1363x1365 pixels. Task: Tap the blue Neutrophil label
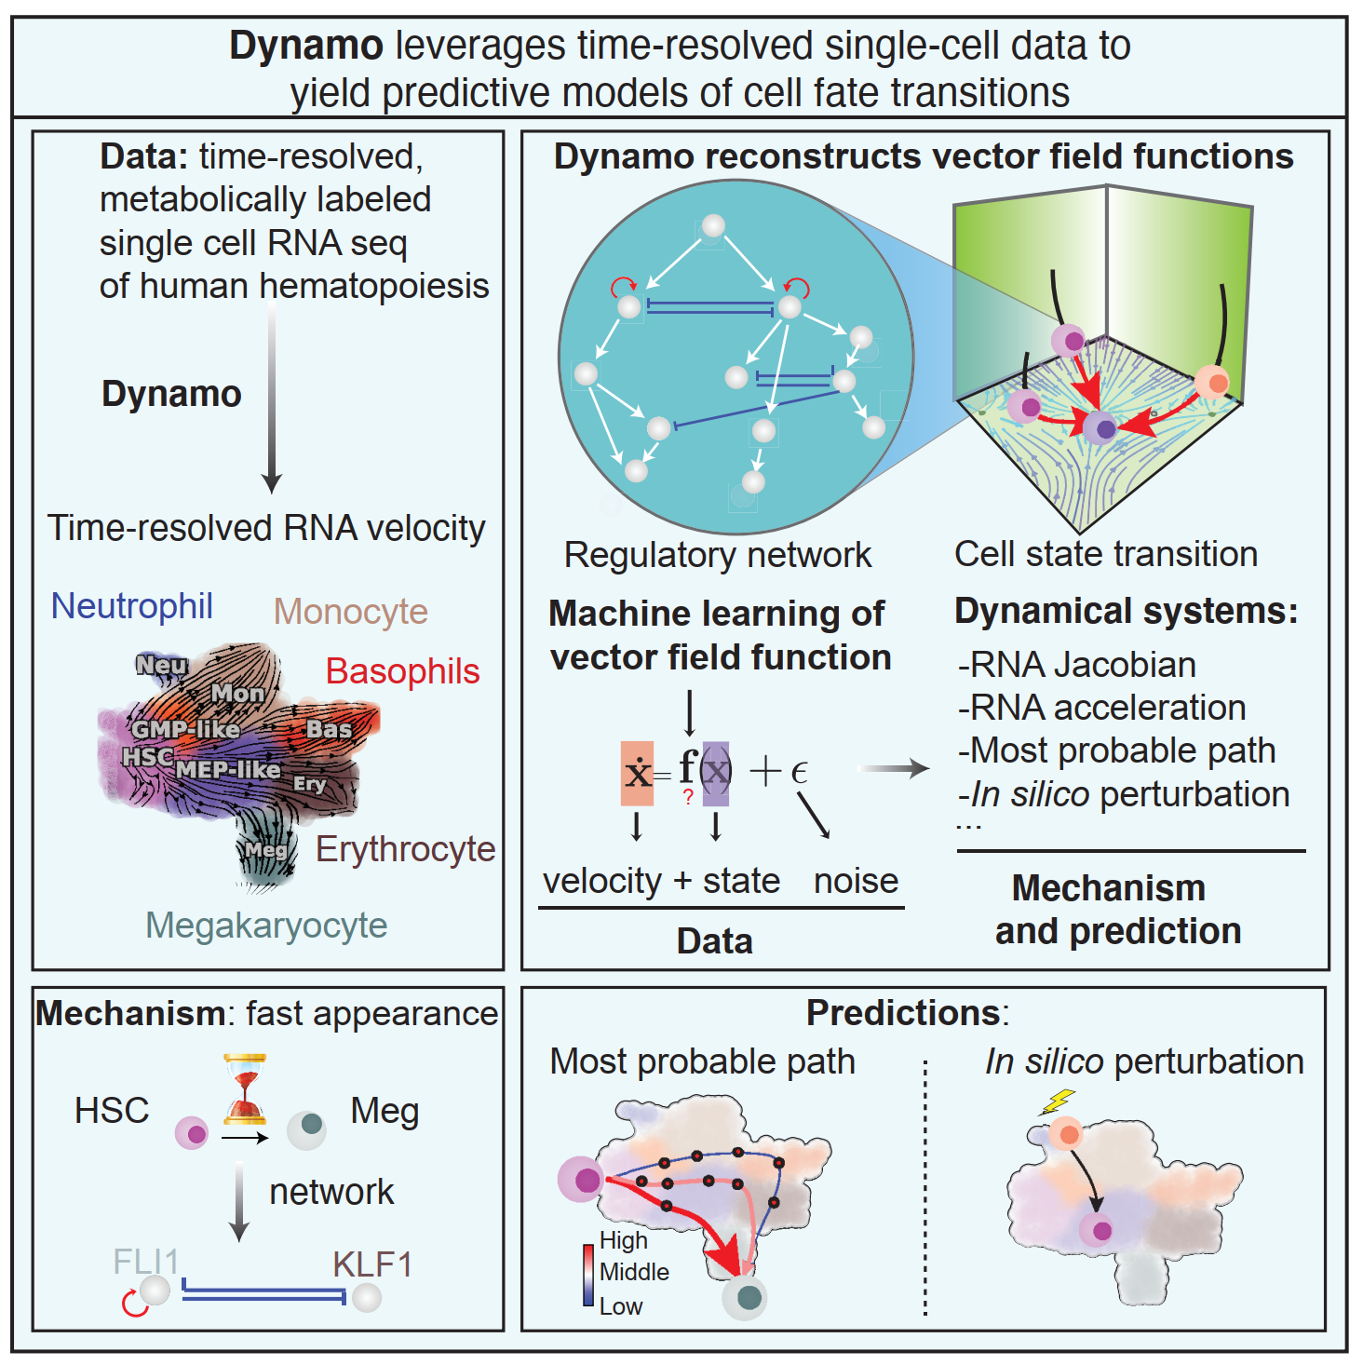(x=131, y=606)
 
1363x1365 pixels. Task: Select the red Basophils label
(x=402, y=671)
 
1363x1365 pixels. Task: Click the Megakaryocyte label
(x=266, y=925)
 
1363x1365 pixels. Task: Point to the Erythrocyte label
(x=405, y=849)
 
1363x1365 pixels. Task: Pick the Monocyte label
(x=350, y=612)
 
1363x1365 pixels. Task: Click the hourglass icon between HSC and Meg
(x=245, y=1088)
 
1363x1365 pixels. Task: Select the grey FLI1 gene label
(x=145, y=1262)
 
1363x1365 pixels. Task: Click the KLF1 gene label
(x=371, y=1264)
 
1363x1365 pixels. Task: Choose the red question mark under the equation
(x=688, y=797)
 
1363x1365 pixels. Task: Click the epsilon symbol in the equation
(x=799, y=772)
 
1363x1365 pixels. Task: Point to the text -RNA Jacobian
(x=1077, y=665)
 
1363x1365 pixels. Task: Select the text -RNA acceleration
(x=1101, y=708)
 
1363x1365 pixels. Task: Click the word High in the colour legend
(x=623, y=1240)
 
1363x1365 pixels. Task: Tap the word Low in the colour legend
(x=620, y=1306)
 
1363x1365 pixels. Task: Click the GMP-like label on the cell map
(x=185, y=729)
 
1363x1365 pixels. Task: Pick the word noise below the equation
(x=856, y=880)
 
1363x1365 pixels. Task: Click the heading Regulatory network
(x=717, y=555)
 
